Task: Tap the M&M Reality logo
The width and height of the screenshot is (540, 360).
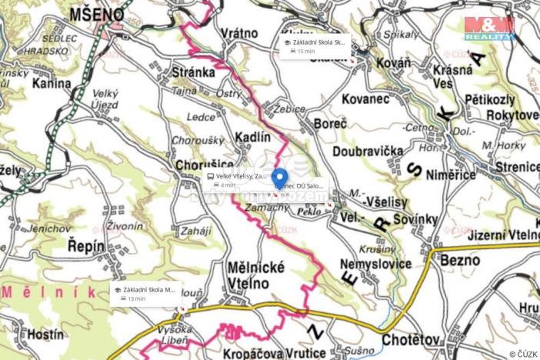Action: click(x=489, y=28)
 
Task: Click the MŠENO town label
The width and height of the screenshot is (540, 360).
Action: click(x=97, y=14)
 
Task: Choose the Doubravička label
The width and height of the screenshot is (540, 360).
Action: click(x=369, y=151)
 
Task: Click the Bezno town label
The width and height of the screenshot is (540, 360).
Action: click(x=460, y=261)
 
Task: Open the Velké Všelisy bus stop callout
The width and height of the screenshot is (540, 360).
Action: click(x=238, y=180)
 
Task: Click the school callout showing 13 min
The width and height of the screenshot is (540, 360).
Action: click(x=147, y=293)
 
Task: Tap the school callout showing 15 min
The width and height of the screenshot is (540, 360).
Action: click(x=315, y=46)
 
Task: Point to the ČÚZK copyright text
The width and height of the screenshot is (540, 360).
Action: click(x=522, y=354)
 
